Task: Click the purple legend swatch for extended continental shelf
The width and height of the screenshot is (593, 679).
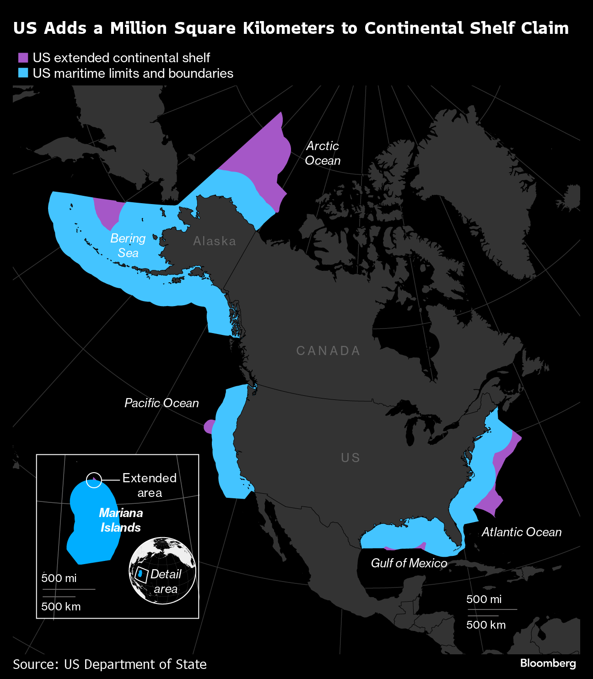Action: (23, 58)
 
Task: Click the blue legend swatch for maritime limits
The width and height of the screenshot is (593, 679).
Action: (23, 73)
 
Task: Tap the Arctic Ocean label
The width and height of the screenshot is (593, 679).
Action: (323, 153)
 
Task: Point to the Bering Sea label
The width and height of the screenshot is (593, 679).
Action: (128, 245)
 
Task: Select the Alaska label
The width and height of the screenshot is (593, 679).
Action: (215, 241)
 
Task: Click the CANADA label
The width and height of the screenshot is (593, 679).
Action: (329, 350)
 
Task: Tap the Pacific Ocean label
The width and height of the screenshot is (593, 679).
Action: (162, 403)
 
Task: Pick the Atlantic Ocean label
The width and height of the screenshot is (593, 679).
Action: (521, 532)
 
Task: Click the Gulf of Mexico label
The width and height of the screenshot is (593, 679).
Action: (409, 563)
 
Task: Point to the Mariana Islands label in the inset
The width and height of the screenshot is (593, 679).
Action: (121, 520)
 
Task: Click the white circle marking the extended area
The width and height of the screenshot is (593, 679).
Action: (94, 480)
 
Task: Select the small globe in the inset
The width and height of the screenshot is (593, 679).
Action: (162, 571)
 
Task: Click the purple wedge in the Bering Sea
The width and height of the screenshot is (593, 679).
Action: (108, 211)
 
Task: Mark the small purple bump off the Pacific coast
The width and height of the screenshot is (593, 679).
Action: (209, 426)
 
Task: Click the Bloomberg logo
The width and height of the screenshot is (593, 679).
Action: (548, 663)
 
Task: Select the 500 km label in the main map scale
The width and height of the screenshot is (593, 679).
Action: (486, 625)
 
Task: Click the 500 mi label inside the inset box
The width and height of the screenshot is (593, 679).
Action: (59, 578)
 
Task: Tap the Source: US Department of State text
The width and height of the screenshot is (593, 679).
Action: (110, 664)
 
